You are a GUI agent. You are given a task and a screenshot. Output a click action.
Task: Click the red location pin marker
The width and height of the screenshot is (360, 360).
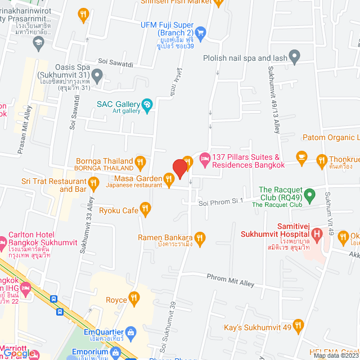click(179, 168)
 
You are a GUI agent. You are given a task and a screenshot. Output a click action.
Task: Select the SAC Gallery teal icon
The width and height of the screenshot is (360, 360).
click(147, 104)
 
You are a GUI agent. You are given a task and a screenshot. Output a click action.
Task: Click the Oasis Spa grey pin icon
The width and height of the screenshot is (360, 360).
click(97, 75)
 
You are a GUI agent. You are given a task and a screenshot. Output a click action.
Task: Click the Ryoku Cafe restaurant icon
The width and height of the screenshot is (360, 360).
click(146, 210)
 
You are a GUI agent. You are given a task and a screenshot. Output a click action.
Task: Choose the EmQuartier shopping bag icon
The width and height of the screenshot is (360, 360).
click(131, 332)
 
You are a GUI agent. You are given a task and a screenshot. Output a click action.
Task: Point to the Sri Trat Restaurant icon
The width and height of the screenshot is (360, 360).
click(93, 182)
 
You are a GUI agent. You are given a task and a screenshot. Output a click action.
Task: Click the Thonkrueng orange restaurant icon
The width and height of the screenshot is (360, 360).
click(322, 160)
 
